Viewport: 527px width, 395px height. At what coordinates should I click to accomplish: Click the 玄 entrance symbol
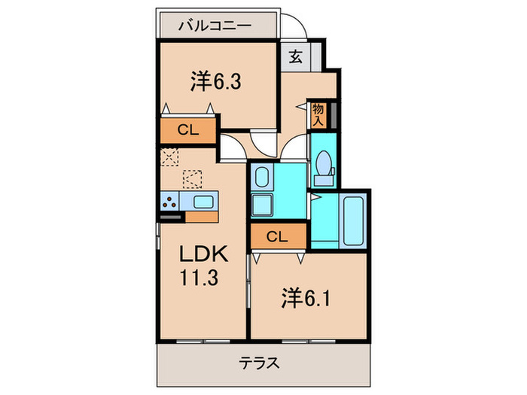click(x=296, y=58)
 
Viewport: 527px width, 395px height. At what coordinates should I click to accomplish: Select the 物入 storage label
click(x=318, y=114)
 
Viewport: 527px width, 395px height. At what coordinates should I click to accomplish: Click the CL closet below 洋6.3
click(x=187, y=129)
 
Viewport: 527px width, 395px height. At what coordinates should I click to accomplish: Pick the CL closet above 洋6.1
click(x=277, y=237)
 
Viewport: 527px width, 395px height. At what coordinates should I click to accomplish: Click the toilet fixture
click(x=324, y=166)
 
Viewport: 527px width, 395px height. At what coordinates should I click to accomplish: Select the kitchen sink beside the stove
click(x=203, y=201)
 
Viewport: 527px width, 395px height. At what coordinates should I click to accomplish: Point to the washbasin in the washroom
click(x=261, y=178)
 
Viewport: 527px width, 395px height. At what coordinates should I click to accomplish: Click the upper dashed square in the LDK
click(x=169, y=156)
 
